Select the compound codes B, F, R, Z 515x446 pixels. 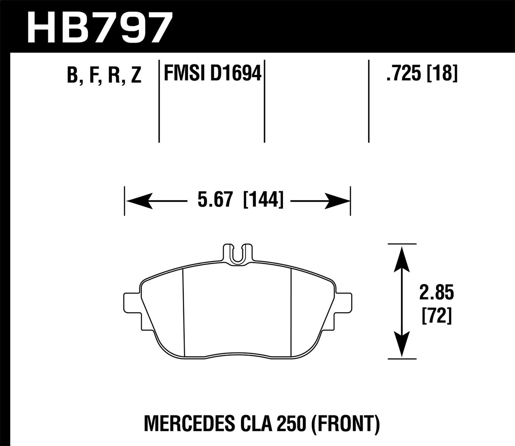point(104,76)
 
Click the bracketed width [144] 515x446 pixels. point(263,200)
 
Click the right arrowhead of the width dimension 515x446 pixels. point(337,200)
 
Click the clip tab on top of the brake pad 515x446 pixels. point(237,255)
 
